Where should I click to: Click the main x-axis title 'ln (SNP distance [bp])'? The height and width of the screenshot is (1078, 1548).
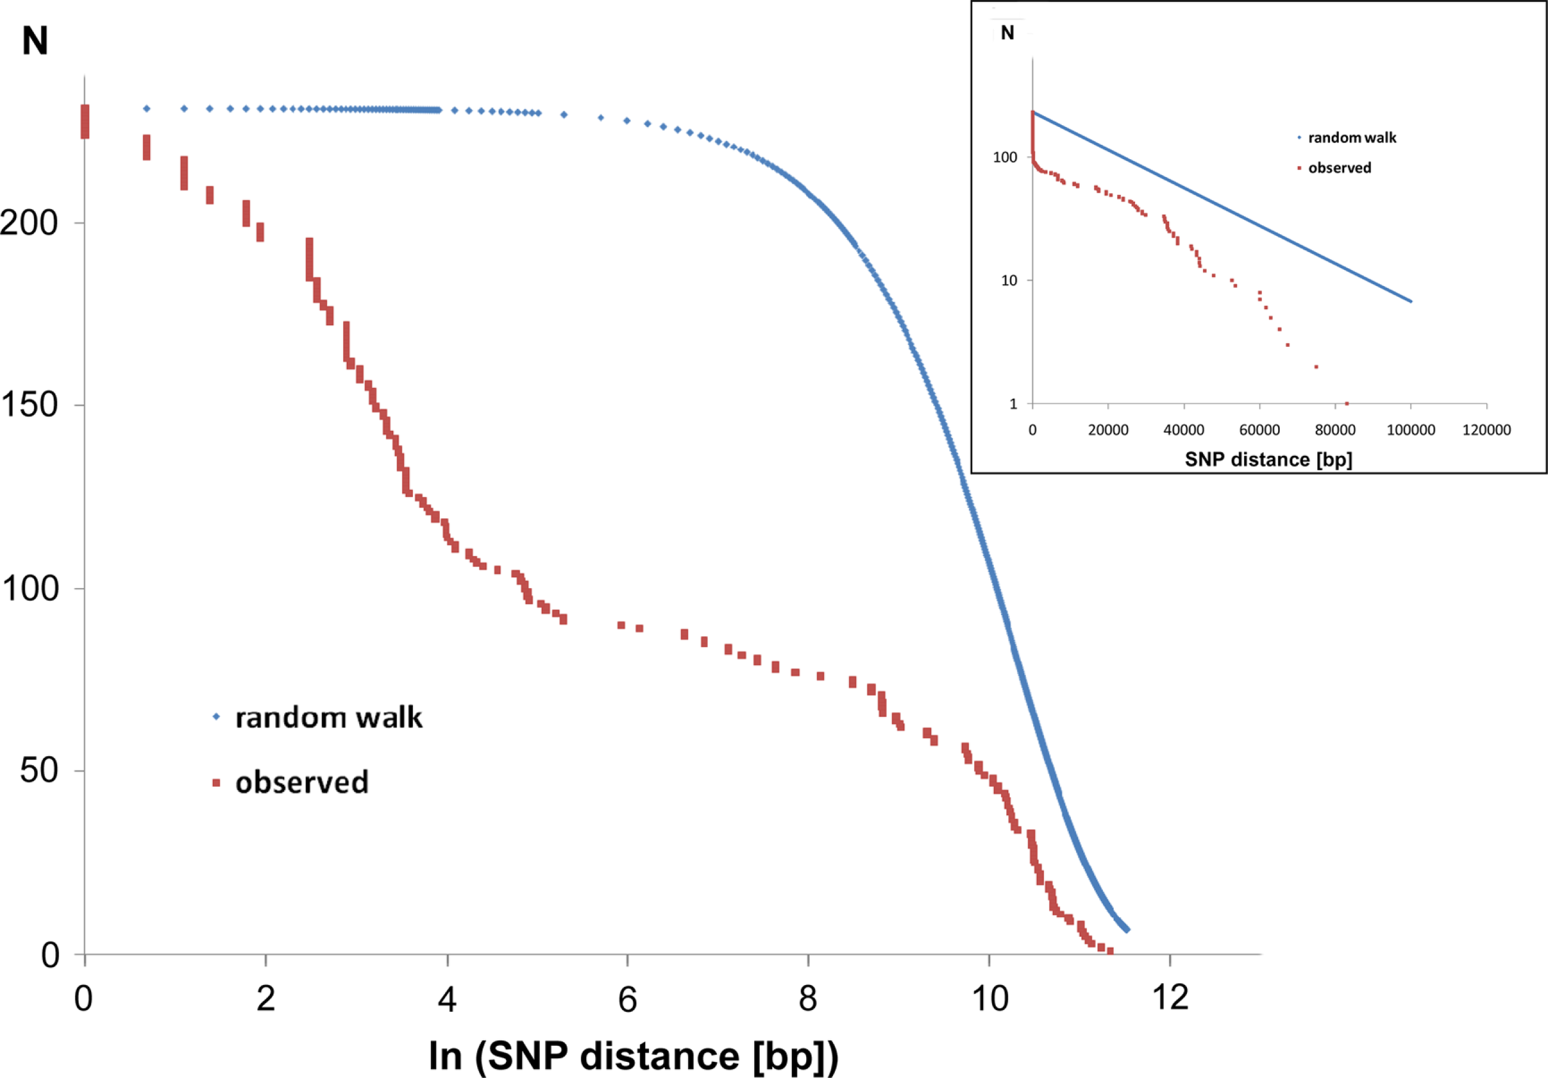point(634,1056)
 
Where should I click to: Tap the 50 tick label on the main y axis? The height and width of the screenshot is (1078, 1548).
point(39,771)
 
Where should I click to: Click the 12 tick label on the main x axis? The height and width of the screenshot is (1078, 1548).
point(1170,997)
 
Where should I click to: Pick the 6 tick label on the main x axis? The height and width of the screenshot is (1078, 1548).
point(627,999)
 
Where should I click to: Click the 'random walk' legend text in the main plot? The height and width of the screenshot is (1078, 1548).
point(328,717)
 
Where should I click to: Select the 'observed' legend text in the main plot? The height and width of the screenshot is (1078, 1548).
point(302,782)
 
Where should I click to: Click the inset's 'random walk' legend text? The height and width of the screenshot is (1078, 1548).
point(1352,137)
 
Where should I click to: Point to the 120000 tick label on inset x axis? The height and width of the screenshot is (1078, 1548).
point(1486,430)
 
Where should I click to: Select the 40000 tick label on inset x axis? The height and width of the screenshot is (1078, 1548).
point(1183,430)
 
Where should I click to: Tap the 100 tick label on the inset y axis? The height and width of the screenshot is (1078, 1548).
point(1004,157)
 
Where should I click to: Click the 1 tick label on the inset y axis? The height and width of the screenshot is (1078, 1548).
point(1012,404)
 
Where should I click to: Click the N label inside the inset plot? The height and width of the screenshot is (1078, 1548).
point(1007,33)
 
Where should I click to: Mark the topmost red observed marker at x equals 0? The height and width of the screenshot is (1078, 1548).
point(85,121)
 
